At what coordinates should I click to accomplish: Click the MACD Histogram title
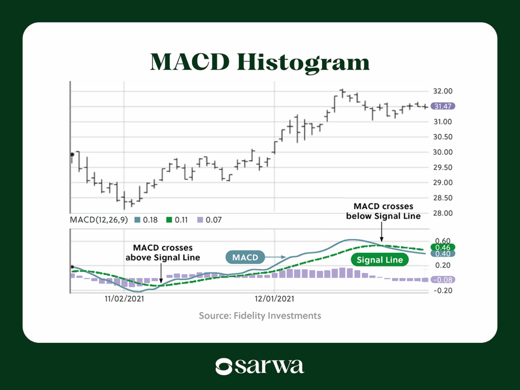259,62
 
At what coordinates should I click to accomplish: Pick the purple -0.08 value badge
442,280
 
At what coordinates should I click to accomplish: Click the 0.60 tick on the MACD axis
441,241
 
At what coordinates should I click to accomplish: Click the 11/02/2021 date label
124,299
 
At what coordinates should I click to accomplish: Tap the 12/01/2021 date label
274,299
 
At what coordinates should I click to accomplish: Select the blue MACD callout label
246,258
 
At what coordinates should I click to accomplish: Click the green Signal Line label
379,260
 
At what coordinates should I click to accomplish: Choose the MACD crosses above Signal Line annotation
162,252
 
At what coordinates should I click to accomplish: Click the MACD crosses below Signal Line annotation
383,211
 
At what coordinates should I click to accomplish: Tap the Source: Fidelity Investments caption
259,316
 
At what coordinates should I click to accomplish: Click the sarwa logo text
270,366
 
